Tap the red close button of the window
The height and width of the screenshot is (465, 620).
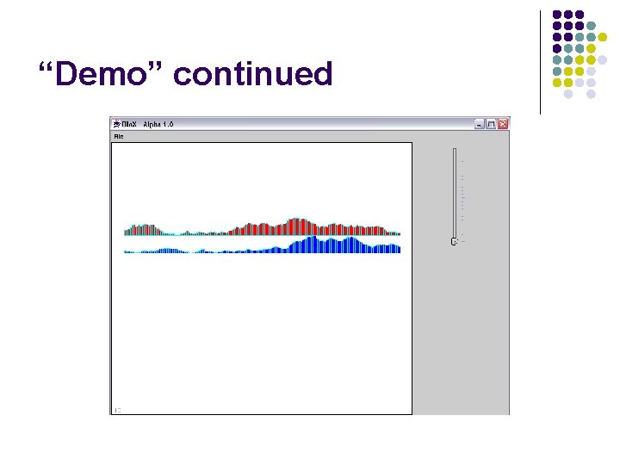pyautogui.click(x=504, y=124)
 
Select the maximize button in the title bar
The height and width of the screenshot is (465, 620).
pyautogui.click(x=492, y=124)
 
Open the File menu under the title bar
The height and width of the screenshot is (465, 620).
pyautogui.click(x=119, y=136)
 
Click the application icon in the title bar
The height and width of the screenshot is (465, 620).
pyautogui.click(x=118, y=124)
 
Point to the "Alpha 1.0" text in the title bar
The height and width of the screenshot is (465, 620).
pyautogui.click(x=158, y=124)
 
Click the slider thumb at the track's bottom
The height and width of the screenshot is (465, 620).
pyautogui.click(x=454, y=242)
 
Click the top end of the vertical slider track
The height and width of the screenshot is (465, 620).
pyautogui.click(x=455, y=150)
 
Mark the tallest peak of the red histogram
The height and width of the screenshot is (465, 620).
pyautogui.click(x=297, y=222)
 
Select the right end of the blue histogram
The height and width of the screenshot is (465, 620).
pyautogui.click(x=398, y=249)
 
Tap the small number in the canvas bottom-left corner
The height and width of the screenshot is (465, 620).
pyautogui.click(x=118, y=409)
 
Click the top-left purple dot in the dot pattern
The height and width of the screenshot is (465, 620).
pyautogui.click(x=556, y=15)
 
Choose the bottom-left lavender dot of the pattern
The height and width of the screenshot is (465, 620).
pyautogui.click(x=568, y=94)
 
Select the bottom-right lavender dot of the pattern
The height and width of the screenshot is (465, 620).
pyautogui.click(x=591, y=94)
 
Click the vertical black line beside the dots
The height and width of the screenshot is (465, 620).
pyautogui.click(x=540, y=60)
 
